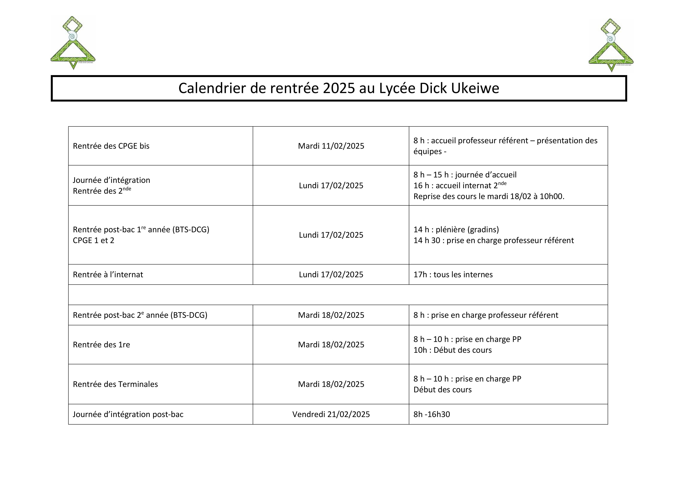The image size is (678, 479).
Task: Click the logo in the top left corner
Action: point(73,43)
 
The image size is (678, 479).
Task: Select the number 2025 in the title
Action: point(339,88)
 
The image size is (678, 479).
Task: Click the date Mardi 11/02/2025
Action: point(331,146)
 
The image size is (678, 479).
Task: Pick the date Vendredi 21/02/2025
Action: point(331,414)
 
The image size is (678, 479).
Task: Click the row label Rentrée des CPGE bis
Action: point(111,146)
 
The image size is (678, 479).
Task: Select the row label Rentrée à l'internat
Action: point(108,275)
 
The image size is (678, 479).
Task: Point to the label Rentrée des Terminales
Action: point(115,384)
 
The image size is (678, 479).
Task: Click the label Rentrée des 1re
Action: point(101,345)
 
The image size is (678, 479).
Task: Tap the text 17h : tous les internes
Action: point(453,275)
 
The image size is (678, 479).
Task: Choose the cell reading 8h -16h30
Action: point(431,414)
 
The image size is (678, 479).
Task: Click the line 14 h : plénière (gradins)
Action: point(456,230)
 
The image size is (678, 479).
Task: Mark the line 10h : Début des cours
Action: point(452,350)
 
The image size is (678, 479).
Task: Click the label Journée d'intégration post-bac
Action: point(128,414)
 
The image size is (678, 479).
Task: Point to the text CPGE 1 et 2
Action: point(93,241)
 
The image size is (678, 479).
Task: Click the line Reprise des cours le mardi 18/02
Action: point(489,197)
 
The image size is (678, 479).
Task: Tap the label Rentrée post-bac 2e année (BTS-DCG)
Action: point(140,315)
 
